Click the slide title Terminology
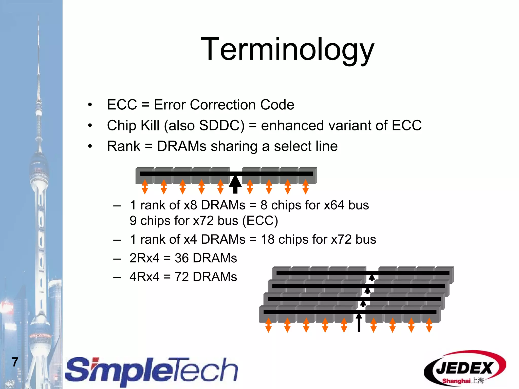[x=287, y=49]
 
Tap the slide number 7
[x=15, y=362]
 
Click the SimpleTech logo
[x=152, y=371]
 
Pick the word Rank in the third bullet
[x=124, y=146]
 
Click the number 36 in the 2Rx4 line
[x=181, y=258]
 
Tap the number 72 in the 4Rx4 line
[x=181, y=277]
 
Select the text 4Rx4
[x=144, y=277]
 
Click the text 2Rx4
[x=144, y=258]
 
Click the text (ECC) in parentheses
[x=260, y=221]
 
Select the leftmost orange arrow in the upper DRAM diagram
[x=145, y=187]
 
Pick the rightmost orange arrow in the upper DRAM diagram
[x=306, y=187]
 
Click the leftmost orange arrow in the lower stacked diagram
[x=268, y=325]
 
